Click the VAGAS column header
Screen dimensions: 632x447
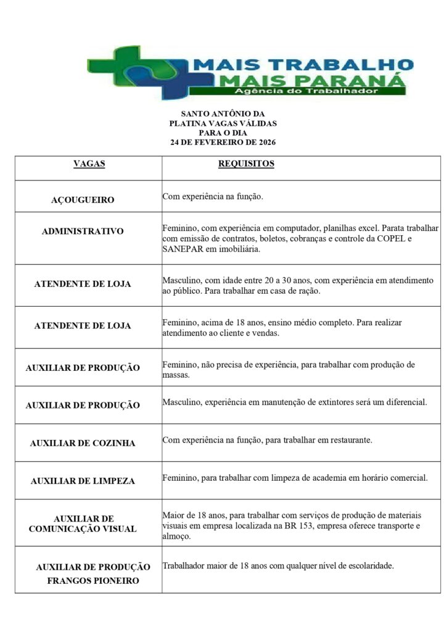tap(89, 164)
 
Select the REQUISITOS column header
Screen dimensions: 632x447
tap(246, 164)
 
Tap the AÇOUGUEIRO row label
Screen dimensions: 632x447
tap(83, 200)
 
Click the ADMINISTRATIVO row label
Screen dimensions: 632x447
tap(83, 231)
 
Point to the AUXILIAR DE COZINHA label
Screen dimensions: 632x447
tap(83, 443)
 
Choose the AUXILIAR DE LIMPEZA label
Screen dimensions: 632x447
tap(83, 481)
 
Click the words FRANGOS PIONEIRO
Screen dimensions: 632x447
tap(93, 581)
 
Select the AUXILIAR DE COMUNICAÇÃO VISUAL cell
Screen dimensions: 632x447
tap(83, 524)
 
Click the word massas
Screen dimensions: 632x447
tap(176, 375)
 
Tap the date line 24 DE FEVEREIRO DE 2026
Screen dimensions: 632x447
tap(223, 143)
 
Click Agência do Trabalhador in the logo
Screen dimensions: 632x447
tap(306, 91)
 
